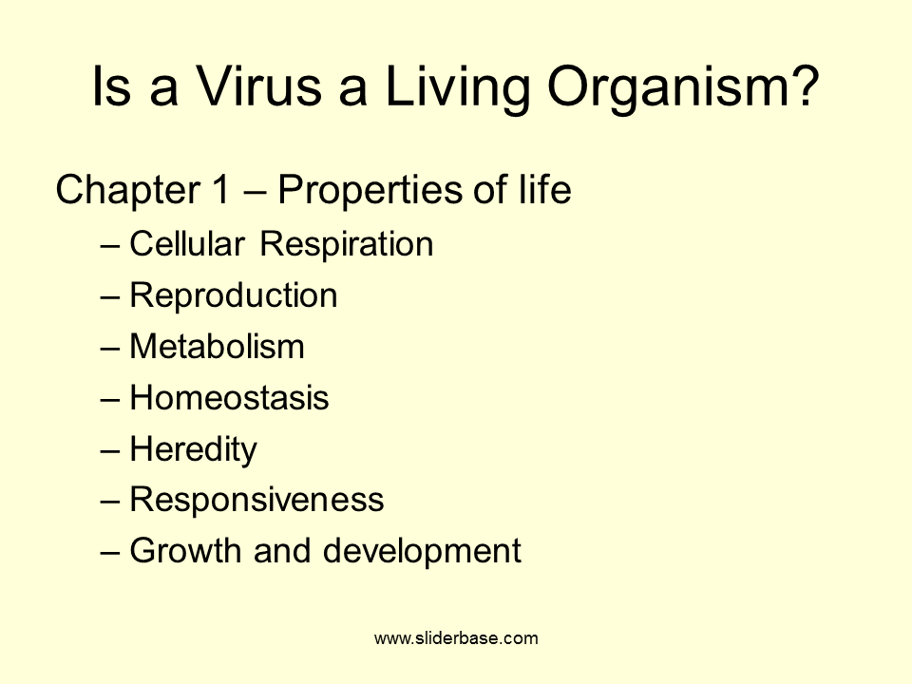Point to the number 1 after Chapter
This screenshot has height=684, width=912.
(217, 190)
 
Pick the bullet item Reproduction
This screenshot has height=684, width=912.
(234, 296)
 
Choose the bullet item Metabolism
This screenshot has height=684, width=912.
(217, 347)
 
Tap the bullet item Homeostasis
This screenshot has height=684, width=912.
(229, 398)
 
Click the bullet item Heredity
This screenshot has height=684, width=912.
(193, 449)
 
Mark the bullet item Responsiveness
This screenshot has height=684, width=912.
(256, 501)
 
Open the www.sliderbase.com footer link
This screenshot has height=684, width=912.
(456, 638)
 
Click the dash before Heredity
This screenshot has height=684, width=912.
(110, 449)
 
